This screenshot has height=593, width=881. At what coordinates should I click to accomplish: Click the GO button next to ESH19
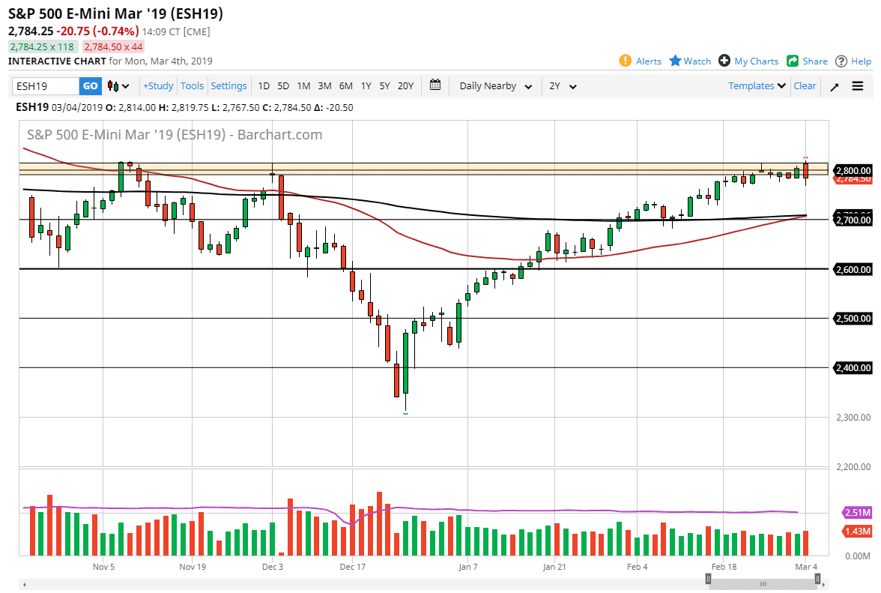click(90, 86)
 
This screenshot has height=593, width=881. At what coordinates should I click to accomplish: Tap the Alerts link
click(648, 61)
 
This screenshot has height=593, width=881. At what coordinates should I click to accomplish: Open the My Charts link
click(756, 61)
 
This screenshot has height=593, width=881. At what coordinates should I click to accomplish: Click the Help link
click(861, 61)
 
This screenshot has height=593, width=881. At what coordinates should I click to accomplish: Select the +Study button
click(158, 86)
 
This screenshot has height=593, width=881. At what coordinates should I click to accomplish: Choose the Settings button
click(228, 86)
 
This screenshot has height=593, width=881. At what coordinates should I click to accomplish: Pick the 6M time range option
click(345, 86)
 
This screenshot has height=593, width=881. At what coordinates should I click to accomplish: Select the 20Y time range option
click(405, 86)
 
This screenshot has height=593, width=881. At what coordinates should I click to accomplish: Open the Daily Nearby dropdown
click(496, 86)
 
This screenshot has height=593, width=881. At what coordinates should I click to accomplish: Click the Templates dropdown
click(757, 86)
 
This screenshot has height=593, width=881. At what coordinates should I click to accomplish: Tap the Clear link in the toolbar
click(805, 86)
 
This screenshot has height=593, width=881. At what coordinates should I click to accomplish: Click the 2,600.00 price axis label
click(853, 269)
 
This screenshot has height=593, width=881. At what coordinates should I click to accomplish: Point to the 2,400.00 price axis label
click(853, 368)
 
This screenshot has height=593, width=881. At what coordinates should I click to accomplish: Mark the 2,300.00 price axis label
click(853, 418)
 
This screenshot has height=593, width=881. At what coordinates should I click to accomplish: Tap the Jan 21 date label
click(554, 568)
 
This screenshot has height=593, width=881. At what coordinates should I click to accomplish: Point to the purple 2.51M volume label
click(856, 514)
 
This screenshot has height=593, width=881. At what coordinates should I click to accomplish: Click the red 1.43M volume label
click(856, 531)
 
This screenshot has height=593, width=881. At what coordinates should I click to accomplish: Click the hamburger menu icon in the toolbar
click(858, 86)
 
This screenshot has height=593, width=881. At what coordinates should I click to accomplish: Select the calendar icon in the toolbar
click(435, 85)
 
